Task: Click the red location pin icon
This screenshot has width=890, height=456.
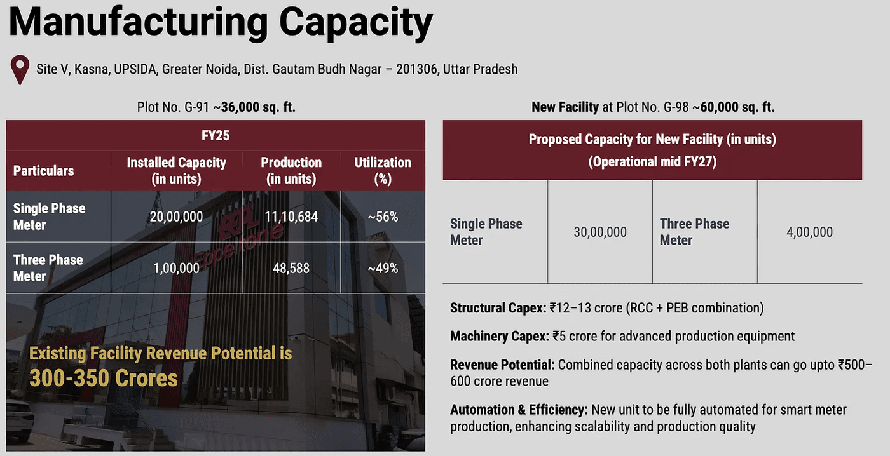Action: click(x=21, y=69)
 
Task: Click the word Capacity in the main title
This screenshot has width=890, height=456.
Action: click(x=355, y=23)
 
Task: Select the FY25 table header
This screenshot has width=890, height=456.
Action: click(x=216, y=135)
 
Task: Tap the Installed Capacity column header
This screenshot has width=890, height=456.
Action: click(x=176, y=170)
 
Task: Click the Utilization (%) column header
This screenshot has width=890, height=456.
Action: click(x=383, y=170)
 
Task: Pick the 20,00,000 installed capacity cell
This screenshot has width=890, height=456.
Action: click(x=177, y=217)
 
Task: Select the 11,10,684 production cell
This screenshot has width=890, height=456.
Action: click(x=291, y=217)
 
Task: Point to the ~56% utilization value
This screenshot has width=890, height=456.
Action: click(x=383, y=217)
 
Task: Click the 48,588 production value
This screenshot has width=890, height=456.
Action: click(x=291, y=268)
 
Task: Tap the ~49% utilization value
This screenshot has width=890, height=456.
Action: click(x=383, y=268)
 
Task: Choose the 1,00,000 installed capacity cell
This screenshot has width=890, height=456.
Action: click(x=177, y=268)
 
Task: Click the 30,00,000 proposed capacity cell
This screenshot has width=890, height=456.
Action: click(x=600, y=232)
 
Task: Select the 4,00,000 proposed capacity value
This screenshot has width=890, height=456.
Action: click(x=809, y=232)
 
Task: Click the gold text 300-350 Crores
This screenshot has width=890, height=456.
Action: click(x=104, y=379)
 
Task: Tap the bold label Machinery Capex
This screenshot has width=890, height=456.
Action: click(x=500, y=336)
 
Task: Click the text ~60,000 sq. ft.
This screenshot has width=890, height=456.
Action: click(x=733, y=107)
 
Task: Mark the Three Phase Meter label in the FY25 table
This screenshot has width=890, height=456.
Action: click(x=48, y=268)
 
